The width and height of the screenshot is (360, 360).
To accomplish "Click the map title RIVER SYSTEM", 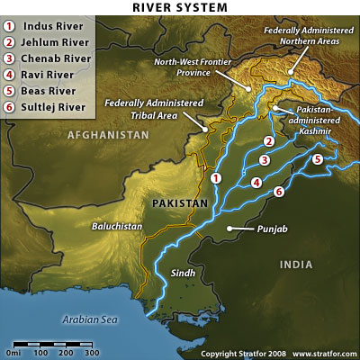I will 180,8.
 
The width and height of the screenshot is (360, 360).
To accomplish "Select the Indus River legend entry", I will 54,26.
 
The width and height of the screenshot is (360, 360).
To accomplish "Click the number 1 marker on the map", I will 216,178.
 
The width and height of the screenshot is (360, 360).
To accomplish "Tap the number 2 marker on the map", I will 268,141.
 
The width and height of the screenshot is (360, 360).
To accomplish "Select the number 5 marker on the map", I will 317,159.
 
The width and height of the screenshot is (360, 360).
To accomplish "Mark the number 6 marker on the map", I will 279,192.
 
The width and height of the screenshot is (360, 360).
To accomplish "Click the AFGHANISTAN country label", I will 106,134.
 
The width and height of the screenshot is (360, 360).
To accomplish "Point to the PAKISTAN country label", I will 180,203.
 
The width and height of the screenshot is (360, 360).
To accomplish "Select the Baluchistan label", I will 117,228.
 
